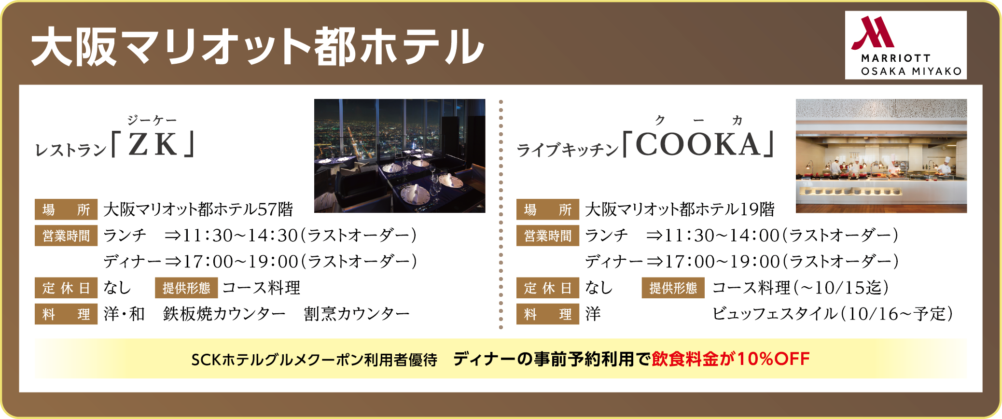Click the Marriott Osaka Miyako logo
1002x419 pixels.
click(905, 45)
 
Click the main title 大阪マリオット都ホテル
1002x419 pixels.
click(258, 46)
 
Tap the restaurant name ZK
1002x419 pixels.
click(153, 144)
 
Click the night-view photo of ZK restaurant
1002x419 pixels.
click(400, 156)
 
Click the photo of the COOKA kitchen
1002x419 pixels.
click(881, 156)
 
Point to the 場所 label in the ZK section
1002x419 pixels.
click(66, 209)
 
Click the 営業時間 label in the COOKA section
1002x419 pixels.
click(548, 236)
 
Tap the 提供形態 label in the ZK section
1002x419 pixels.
click(186, 288)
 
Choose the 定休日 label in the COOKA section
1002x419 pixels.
click(548, 288)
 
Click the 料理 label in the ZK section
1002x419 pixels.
click(66, 314)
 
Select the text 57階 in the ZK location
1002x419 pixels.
click(276, 209)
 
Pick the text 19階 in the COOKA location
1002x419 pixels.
click(757, 209)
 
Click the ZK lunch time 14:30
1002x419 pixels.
click(273, 235)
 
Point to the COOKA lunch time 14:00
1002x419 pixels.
click(755, 235)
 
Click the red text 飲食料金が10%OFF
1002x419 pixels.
click(731, 359)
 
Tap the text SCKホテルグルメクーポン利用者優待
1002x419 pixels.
click(314, 360)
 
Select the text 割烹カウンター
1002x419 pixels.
click(357, 314)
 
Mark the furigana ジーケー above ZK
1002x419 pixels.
click(152, 120)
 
